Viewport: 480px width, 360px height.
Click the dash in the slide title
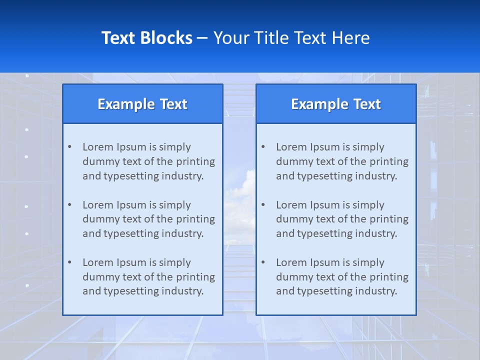(202, 38)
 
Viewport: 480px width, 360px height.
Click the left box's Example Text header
(142, 104)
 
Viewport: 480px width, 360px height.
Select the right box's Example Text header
(336, 104)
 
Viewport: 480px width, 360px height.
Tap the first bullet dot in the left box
(69, 147)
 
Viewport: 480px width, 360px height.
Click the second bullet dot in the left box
(69, 205)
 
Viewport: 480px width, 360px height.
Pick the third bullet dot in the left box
(69, 262)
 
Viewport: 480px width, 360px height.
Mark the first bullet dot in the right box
(263, 147)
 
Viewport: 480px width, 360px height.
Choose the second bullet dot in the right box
(263, 205)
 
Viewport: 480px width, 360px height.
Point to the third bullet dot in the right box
(263, 262)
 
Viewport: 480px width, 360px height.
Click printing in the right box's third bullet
(389, 277)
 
